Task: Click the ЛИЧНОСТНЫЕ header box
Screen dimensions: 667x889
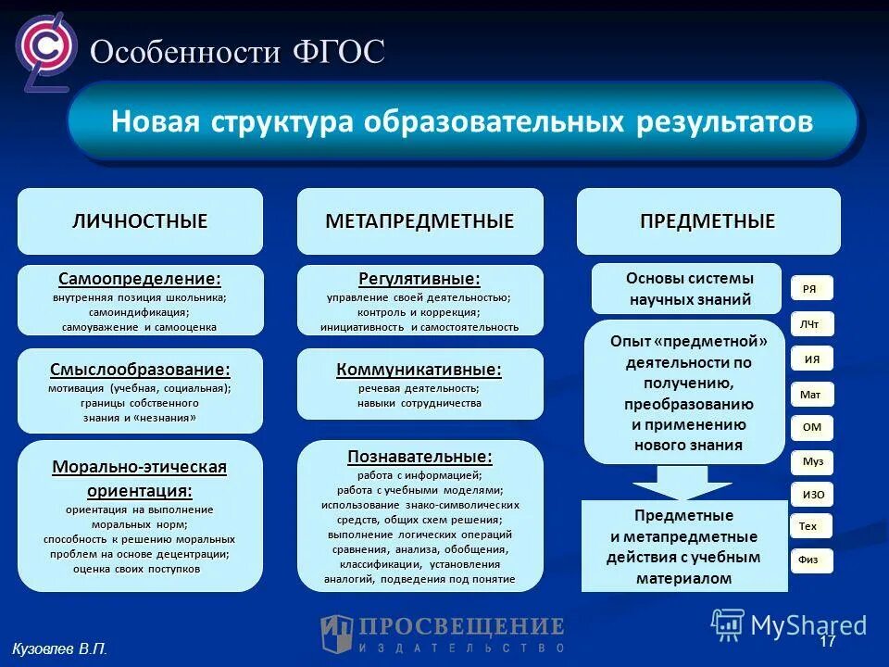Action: [140, 221]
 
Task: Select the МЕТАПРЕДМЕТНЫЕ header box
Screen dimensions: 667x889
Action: [419, 221]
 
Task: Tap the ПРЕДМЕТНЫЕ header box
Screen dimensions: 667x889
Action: [708, 221]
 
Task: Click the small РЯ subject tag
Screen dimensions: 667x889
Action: [810, 289]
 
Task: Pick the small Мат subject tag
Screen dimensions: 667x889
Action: [810, 395]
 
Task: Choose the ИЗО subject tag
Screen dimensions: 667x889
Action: [812, 495]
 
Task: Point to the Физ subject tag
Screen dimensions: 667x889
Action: [808, 560]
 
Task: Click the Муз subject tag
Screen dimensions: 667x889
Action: [812, 461]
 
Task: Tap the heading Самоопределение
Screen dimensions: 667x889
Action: [140, 278]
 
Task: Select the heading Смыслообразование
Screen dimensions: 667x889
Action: [140, 370]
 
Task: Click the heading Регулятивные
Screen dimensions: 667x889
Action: [419, 278]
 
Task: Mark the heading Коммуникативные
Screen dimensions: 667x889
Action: [419, 370]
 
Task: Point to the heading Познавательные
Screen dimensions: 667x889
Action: [419, 456]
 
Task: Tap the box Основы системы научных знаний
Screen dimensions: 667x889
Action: [690, 289]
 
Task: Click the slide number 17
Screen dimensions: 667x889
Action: [827, 641]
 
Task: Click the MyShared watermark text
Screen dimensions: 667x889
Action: [808, 625]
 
